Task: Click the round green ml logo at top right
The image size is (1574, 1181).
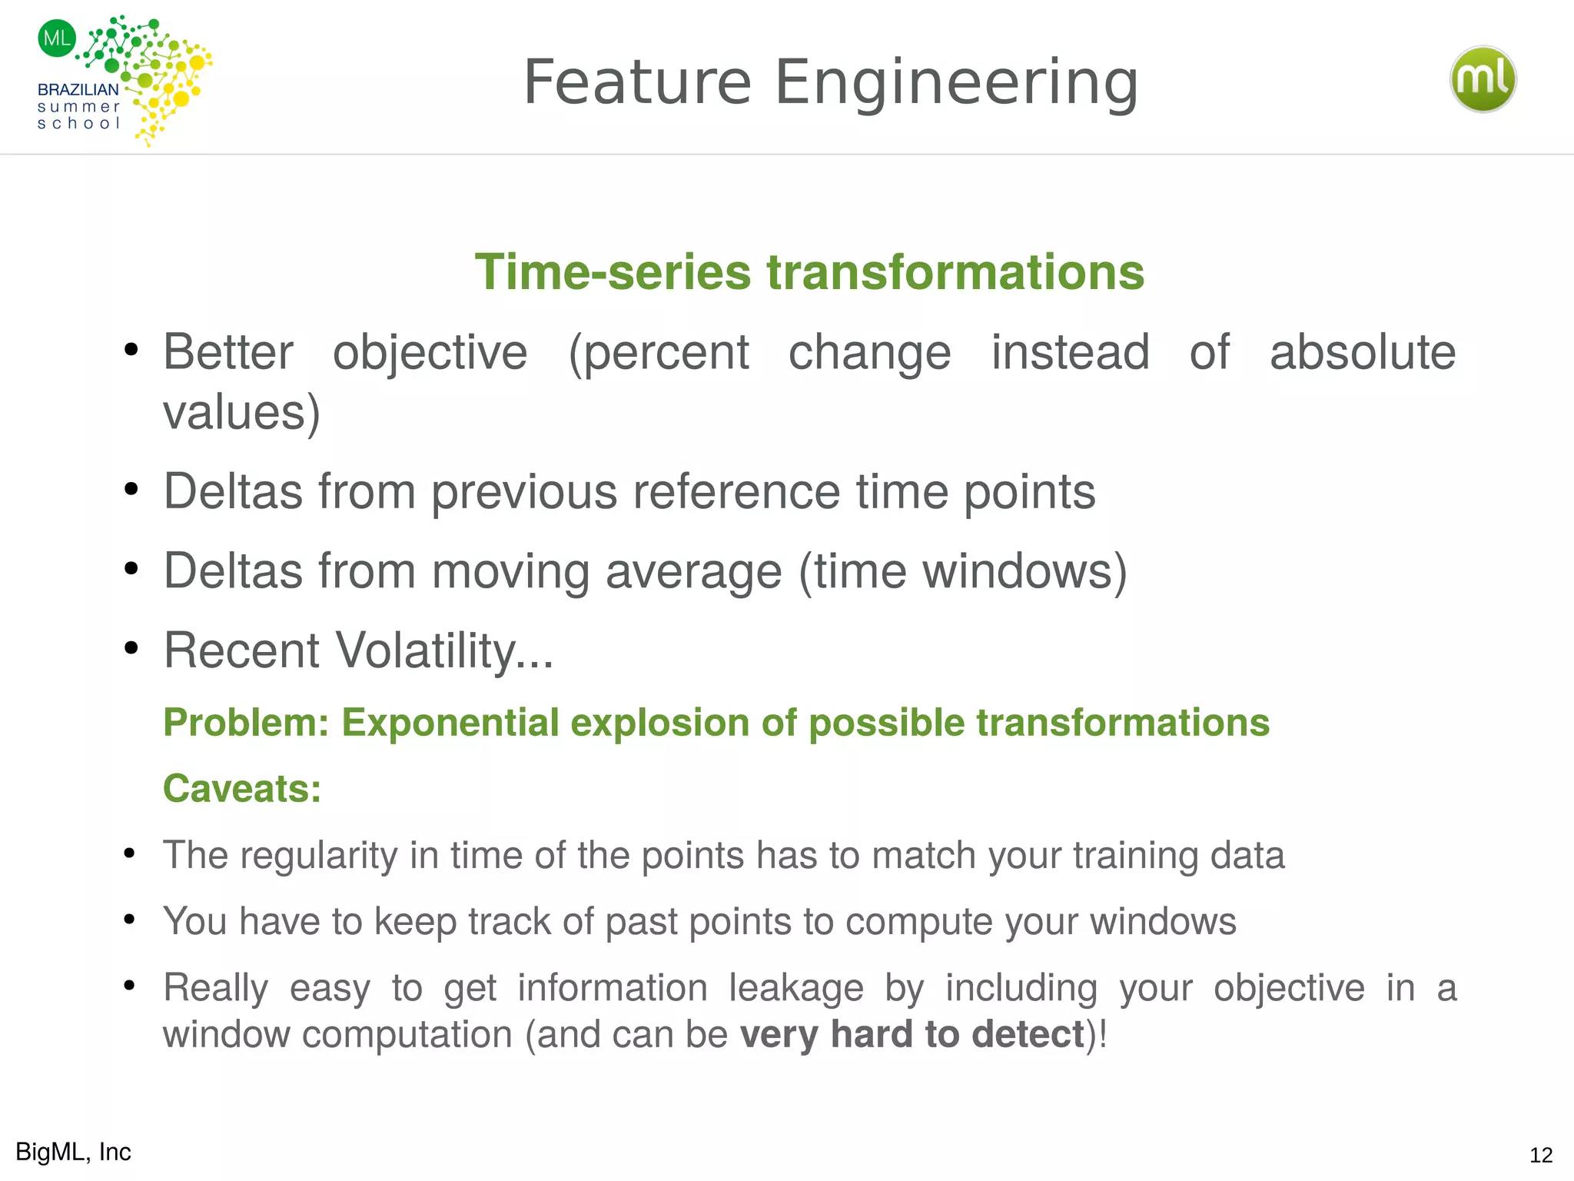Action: (x=1483, y=79)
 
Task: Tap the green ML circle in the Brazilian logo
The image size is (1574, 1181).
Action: (x=57, y=38)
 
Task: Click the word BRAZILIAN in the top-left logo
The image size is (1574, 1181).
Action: (x=78, y=90)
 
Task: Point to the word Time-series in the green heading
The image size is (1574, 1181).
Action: (x=612, y=272)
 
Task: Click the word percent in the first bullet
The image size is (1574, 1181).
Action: (x=659, y=353)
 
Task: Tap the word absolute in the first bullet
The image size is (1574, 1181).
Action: (x=1362, y=353)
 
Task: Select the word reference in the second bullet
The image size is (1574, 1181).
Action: (x=736, y=492)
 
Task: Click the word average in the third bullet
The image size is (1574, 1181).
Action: (x=693, y=572)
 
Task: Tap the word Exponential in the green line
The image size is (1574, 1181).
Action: (x=450, y=723)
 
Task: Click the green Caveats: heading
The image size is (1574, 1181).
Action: (x=242, y=789)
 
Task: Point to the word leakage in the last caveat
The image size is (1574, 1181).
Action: (x=795, y=988)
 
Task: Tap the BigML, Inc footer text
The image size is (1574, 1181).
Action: (x=73, y=1152)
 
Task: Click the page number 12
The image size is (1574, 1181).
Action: (x=1540, y=1155)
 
